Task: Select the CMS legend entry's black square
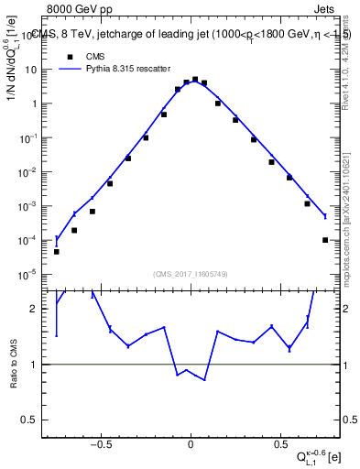[67, 56]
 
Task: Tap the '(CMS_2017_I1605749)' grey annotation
[190, 273]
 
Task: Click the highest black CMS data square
[195, 80]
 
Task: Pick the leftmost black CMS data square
[57, 251]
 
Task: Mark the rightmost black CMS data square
[325, 240]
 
